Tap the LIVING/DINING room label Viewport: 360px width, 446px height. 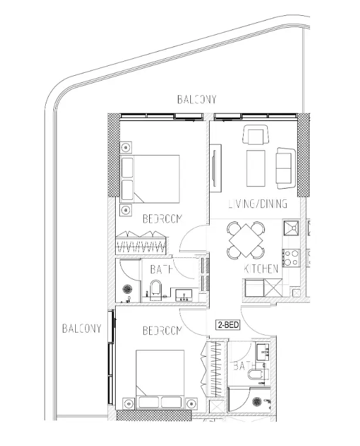tap(257, 204)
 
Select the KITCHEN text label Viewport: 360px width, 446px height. tap(261, 269)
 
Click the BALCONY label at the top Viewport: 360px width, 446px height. tap(197, 100)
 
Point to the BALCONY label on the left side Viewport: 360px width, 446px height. tap(81, 328)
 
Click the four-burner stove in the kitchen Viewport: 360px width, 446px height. tap(291, 257)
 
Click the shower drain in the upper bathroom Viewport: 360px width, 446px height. tap(128, 289)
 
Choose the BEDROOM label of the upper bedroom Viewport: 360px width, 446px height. tap(163, 219)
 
